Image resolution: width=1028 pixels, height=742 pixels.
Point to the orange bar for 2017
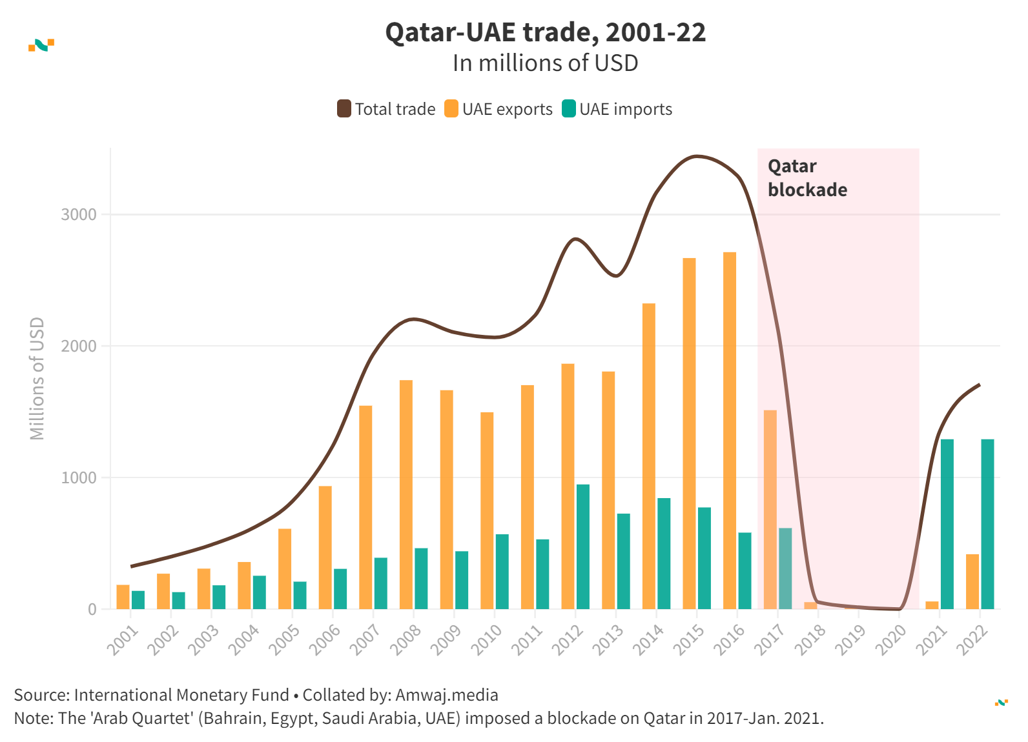[x=770, y=510]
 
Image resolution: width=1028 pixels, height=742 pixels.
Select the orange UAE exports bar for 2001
[x=123, y=597]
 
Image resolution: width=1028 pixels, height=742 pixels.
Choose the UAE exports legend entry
[x=499, y=109]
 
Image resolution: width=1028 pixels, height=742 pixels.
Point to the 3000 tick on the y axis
[x=78, y=214]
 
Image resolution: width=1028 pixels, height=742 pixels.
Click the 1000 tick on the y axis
[x=78, y=477]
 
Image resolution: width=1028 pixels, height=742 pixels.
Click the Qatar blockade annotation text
[x=807, y=178]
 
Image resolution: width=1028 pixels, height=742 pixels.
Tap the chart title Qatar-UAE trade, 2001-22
[x=546, y=32]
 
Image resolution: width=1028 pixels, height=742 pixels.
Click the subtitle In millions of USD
[x=546, y=63]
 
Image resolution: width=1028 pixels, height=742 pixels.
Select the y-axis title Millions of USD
[x=37, y=379]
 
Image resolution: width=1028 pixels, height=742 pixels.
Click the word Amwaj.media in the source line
[x=447, y=695]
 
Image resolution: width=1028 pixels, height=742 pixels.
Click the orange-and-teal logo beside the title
[x=41, y=45]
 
